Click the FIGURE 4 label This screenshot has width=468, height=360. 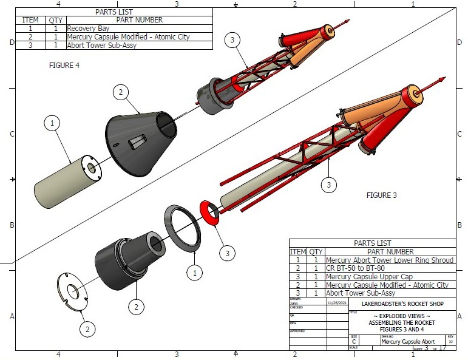tap(64, 65)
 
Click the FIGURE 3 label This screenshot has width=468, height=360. tap(381, 195)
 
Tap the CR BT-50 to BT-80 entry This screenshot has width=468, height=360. tap(353, 268)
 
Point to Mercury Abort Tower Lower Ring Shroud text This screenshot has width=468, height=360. tap(389, 260)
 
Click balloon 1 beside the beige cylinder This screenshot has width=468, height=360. tap(53, 123)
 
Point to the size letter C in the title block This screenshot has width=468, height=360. tap(354, 342)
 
